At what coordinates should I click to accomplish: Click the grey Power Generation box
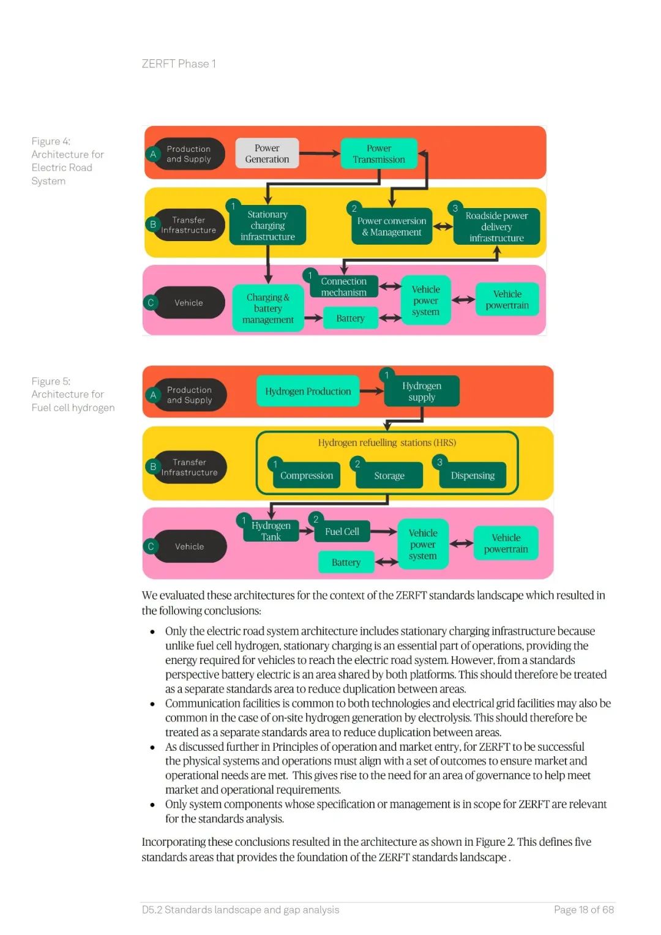pyautogui.click(x=267, y=154)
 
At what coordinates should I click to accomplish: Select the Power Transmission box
pyautogui.click(x=379, y=154)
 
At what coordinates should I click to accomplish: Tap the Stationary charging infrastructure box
pyautogui.click(x=267, y=225)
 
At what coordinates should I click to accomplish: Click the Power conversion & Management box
pyautogui.click(x=392, y=226)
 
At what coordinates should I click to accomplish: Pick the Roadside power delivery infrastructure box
pyautogui.click(x=496, y=227)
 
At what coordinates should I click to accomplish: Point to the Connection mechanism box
pyautogui.click(x=343, y=287)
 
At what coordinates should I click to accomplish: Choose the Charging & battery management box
pyautogui.click(x=268, y=308)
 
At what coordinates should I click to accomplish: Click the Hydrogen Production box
pyautogui.click(x=308, y=392)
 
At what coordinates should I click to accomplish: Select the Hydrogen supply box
pyautogui.click(x=422, y=392)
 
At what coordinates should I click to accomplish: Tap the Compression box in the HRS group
pyautogui.click(x=307, y=475)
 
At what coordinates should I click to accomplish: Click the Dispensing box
pyautogui.click(x=472, y=475)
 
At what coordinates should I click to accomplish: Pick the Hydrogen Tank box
pyautogui.click(x=271, y=531)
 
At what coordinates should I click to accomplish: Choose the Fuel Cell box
pyautogui.click(x=342, y=532)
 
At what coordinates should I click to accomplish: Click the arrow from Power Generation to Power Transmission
pyautogui.click(x=319, y=154)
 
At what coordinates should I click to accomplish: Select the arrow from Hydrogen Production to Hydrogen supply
pyautogui.click(x=372, y=391)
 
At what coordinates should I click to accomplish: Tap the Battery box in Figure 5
pyautogui.click(x=346, y=562)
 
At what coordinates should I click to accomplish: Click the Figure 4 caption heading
pyautogui.click(x=51, y=141)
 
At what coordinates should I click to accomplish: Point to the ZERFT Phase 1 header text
pyautogui.click(x=179, y=64)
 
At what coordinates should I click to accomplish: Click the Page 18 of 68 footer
pyautogui.click(x=583, y=910)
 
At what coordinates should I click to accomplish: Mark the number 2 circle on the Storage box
pyautogui.click(x=357, y=464)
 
